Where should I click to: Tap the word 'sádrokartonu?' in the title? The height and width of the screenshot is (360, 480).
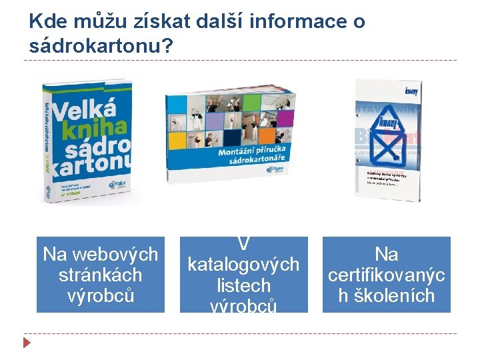pyautogui.click(x=101, y=46)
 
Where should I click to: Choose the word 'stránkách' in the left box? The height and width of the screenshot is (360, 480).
pyautogui.click(x=100, y=275)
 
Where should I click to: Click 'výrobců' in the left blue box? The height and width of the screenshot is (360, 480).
pyautogui.click(x=100, y=295)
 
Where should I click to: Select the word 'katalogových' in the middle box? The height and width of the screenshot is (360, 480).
pyautogui.click(x=243, y=265)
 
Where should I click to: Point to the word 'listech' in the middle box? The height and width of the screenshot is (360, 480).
pyautogui.click(x=243, y=285)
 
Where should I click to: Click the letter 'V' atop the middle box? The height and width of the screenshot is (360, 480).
pyautogui.click(x=243, y=245)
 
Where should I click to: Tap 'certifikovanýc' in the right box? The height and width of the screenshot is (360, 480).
pyautogui.click(x=387, y=275)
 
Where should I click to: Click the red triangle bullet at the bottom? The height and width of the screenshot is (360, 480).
pyautogui.click(x=26, y=344)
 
